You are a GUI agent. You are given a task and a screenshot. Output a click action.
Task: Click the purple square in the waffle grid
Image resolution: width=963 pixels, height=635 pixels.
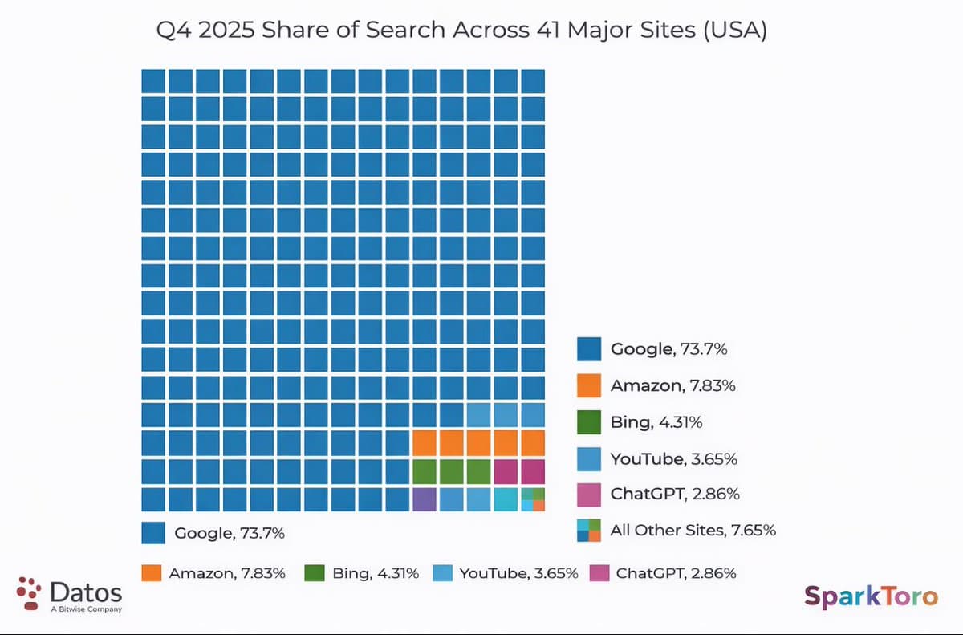point(425,499)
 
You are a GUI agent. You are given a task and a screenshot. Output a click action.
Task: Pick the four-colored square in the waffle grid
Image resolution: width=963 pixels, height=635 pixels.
point(533,499)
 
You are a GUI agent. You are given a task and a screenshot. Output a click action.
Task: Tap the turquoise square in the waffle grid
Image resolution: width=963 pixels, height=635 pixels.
point(506,499)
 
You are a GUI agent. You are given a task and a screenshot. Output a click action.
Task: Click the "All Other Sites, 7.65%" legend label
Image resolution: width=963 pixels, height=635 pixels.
point(693,530)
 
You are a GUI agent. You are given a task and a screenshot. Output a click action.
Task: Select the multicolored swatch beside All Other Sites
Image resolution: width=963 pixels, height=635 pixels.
point(589,531)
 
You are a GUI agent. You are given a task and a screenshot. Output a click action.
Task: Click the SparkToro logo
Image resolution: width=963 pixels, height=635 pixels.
point(871,596)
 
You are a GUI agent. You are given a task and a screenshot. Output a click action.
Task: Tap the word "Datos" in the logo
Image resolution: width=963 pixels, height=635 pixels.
point(86,593)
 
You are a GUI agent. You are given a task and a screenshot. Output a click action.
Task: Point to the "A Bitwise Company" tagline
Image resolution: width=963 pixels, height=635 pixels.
point(86,609)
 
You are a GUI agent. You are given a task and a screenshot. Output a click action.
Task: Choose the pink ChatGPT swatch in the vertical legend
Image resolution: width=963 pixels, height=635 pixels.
point(589,494)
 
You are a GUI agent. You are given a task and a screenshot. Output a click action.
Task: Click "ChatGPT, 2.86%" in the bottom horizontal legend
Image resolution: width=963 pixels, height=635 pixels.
point(676,573)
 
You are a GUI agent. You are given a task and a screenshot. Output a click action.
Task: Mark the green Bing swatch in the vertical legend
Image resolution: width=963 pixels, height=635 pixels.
point(589,421)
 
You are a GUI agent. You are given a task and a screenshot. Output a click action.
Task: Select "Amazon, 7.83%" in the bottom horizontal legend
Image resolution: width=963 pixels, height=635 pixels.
point(227,573)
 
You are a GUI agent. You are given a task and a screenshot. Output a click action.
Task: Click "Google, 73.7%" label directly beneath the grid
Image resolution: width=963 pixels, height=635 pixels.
point(230,532)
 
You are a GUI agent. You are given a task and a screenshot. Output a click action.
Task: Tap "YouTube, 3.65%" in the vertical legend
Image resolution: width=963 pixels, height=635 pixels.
point(673,458)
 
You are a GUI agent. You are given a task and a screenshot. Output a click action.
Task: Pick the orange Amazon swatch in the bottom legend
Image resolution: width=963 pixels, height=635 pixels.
point(152,573)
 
